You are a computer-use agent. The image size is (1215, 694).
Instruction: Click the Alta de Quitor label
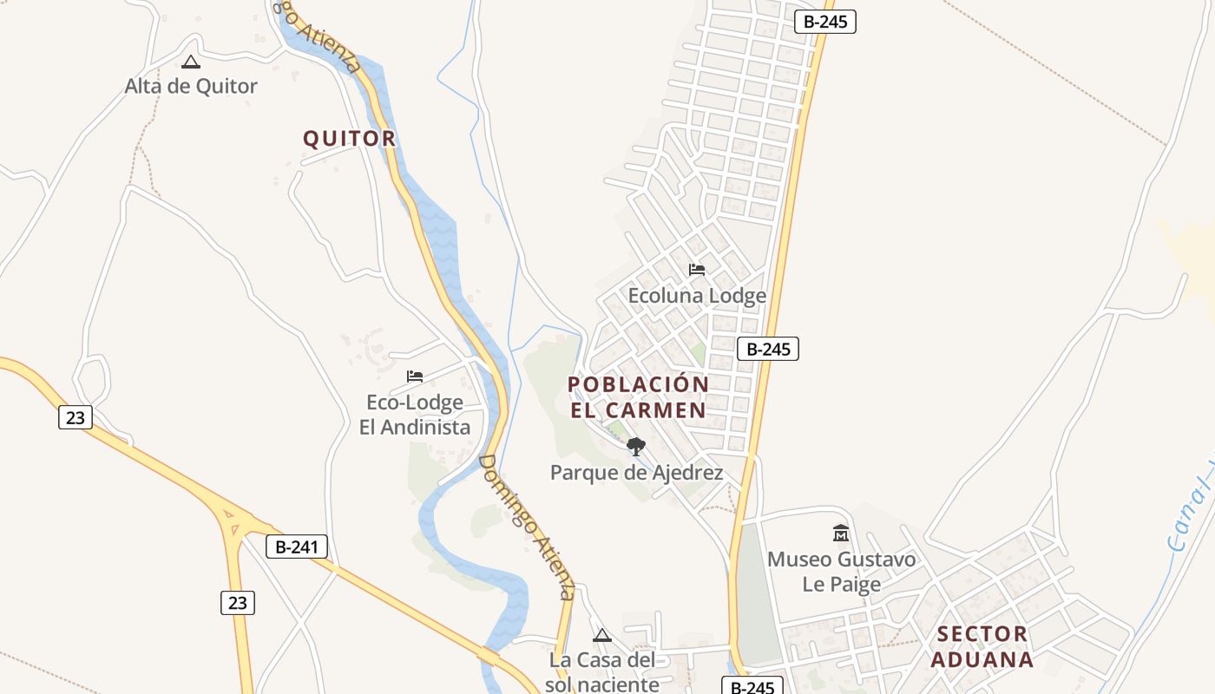coord(191,86)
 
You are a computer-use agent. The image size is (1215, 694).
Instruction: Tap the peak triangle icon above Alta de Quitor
coord(191,62)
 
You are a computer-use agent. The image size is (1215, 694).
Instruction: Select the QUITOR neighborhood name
coord(349,138)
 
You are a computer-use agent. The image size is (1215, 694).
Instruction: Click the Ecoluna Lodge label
coord(697,296)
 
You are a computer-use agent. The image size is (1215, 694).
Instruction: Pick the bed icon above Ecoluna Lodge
coord(697,270)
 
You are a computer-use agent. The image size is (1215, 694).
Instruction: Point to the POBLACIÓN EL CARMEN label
coord(639,396)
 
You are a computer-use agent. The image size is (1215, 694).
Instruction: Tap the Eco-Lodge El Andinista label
coord(415,415)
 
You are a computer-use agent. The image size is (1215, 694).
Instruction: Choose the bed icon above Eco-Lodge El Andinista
coord(415,376)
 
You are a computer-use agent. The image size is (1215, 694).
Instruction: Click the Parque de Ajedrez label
coord(636,473)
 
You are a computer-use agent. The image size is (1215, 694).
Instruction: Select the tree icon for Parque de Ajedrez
coord(636,447)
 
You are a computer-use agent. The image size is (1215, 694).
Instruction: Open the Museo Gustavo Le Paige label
coord(841,572)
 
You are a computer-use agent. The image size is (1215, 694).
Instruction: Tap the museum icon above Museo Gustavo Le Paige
coord(840,533)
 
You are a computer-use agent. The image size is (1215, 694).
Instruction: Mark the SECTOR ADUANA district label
coord(982,646)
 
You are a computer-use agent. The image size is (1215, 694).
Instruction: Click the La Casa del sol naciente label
coord(602,672)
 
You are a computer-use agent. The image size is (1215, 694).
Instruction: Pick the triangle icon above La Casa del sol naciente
coord(602,636)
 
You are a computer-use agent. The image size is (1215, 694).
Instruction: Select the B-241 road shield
coord(297,547)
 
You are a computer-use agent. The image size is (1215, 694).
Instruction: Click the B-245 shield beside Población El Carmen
coord(767,349)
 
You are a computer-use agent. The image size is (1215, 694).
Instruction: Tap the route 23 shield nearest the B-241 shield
coord(238,602)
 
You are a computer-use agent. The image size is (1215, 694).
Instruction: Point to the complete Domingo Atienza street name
coord(527,527)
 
